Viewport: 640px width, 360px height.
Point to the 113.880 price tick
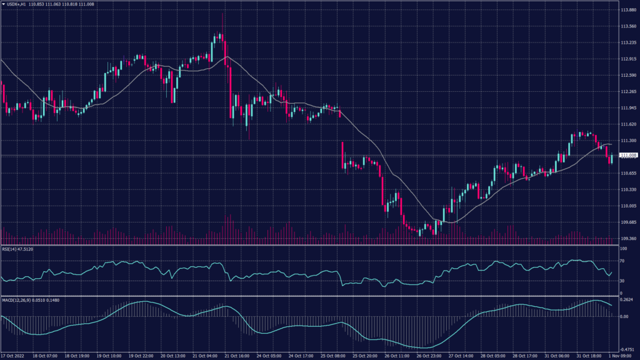(x=628, y=10)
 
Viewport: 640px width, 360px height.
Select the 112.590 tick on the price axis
(x=628, y=76)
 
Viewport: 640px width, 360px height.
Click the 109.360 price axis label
(x=628, y=238)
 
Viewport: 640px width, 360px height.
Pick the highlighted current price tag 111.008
(x=628, y=155)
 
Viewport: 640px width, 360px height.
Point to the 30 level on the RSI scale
(x=622, y=281)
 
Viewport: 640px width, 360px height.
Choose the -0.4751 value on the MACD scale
(x=627, y=349)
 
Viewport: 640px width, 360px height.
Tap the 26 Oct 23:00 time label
(x=429, y=356)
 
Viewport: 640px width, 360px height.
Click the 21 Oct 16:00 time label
(x=238, y=356)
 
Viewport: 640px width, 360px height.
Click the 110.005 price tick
(x=628, y=206)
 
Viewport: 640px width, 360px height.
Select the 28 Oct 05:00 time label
(x=492, y=356)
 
